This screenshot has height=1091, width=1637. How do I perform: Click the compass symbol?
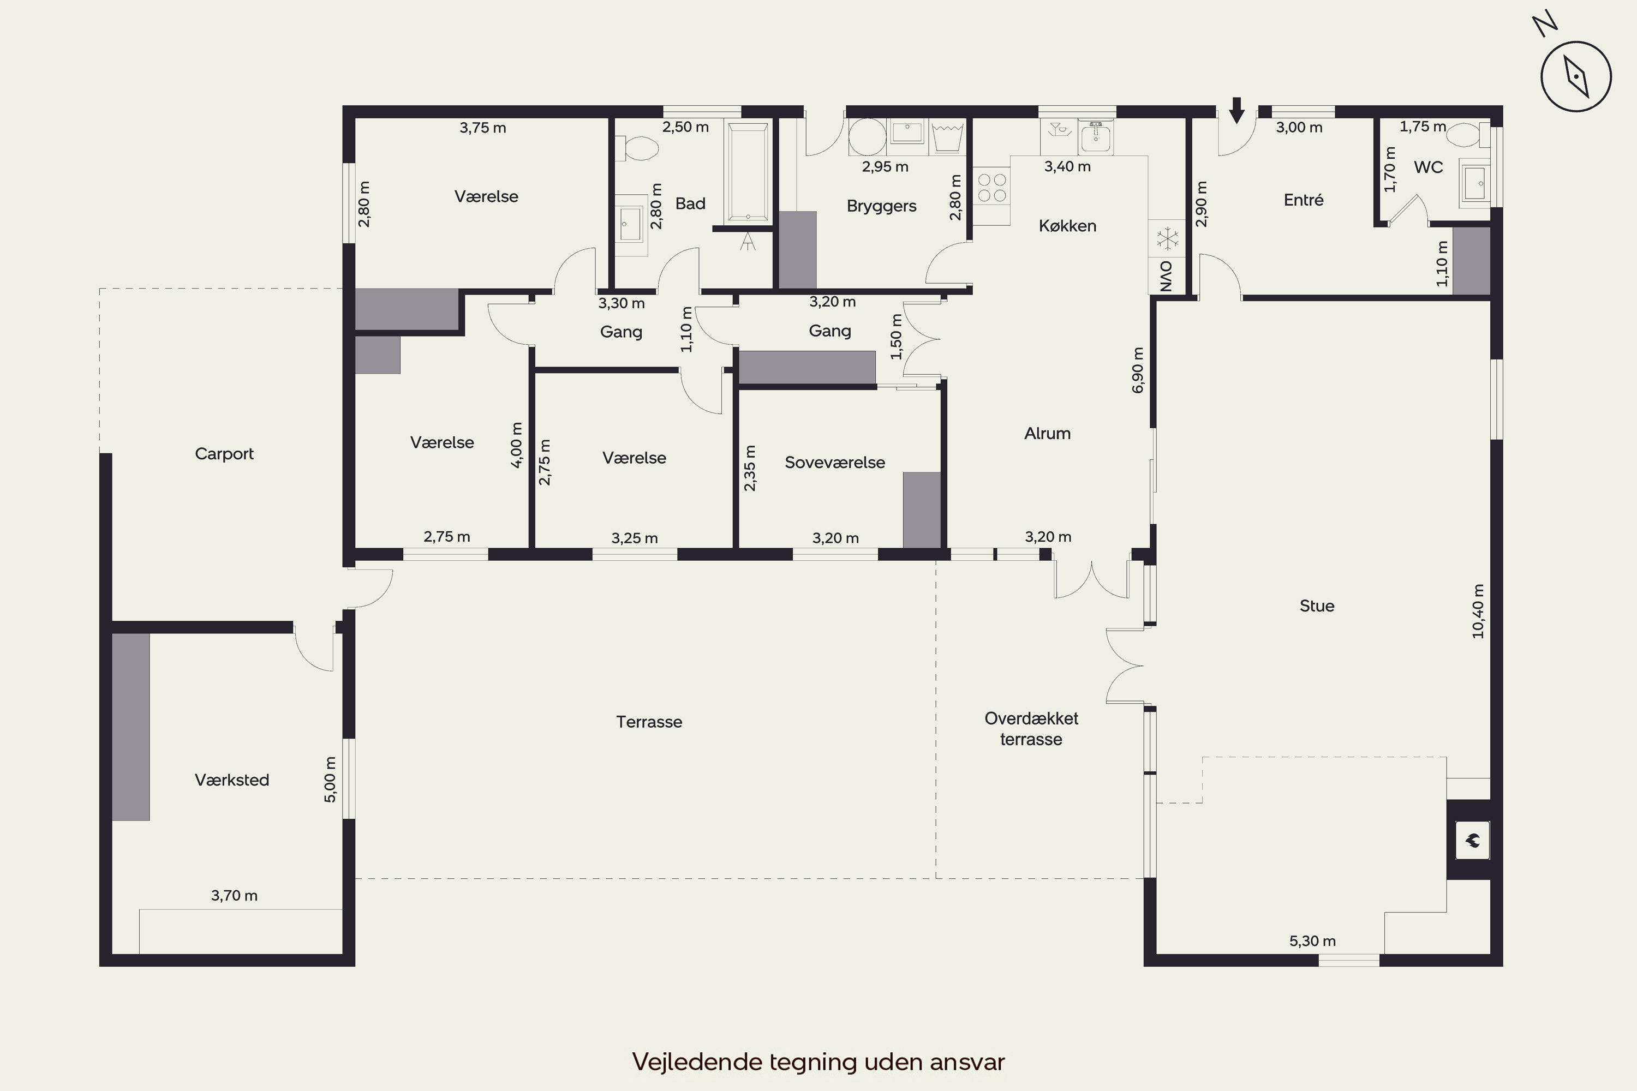pos(1576,76)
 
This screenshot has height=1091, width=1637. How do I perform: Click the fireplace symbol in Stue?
pos(1472,841)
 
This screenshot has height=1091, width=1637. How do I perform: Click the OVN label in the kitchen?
pos(1167,276)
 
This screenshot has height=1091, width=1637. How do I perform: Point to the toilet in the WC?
pos(1467,135)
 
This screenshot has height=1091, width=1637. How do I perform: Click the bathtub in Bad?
pos(748,171)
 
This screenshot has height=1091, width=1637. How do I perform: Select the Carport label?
pos(224,454)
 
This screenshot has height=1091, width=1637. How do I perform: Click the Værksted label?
pos(232,780)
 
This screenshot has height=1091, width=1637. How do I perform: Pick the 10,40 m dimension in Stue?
pos(1478,611)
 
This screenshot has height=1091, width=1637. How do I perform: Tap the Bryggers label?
pos(881,207)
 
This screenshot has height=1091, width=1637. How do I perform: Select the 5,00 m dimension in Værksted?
pos(330,780)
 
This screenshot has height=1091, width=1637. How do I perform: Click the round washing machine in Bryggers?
pos(867,136)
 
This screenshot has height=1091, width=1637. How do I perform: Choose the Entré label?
pos(1303,200)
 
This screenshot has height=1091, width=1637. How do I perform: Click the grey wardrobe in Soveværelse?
pos(922,510)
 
